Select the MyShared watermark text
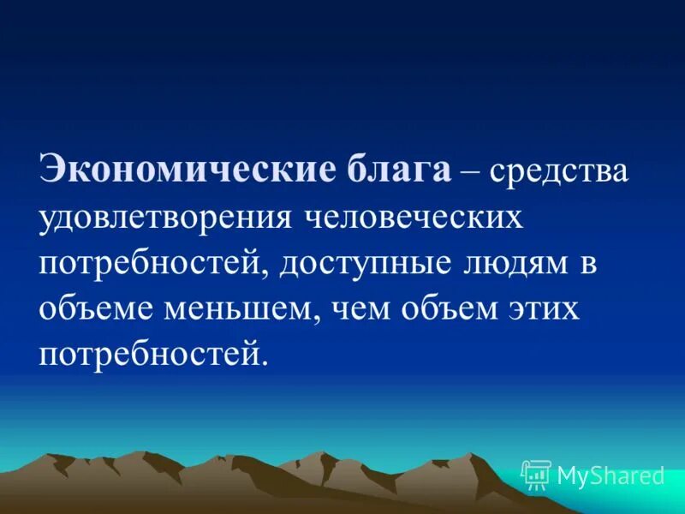tap(611, 475)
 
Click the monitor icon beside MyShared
tap(536, 474)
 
